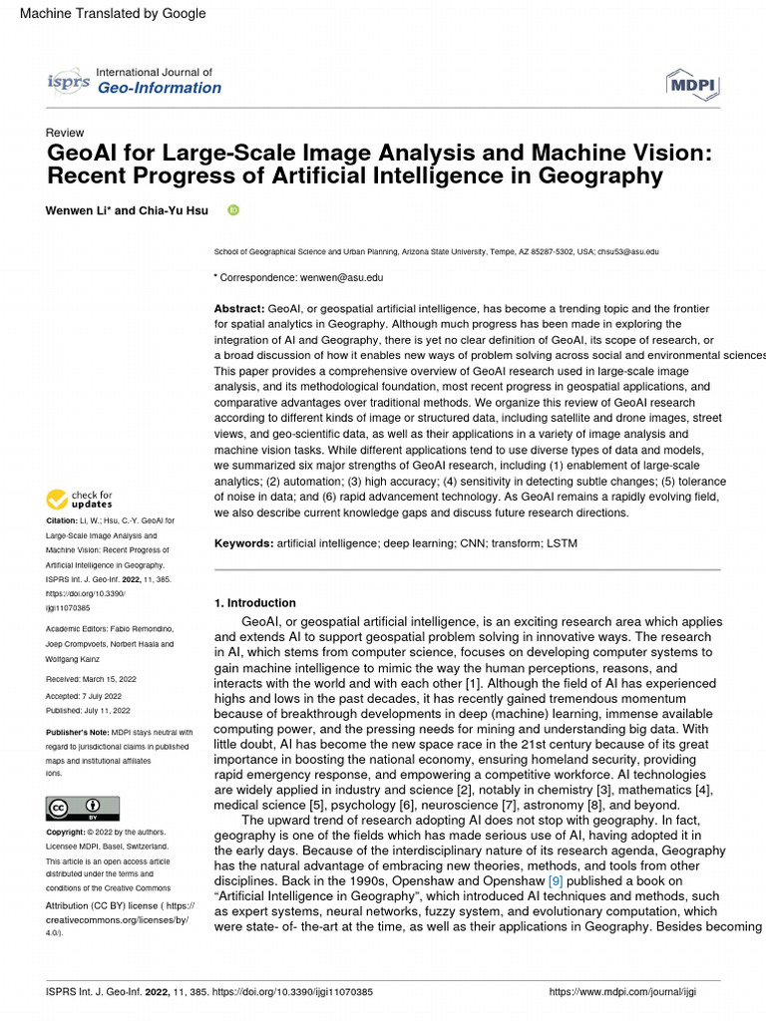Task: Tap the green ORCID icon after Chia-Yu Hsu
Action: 233,210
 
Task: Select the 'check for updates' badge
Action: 80,500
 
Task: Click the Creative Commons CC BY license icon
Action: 83,808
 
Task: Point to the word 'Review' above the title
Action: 65,133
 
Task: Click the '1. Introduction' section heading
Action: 255,603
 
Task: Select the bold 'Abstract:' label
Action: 239,310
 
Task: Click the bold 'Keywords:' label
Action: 243,543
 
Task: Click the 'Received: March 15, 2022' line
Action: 91,678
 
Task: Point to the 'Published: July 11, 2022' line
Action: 89,711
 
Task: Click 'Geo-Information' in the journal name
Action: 159,88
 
